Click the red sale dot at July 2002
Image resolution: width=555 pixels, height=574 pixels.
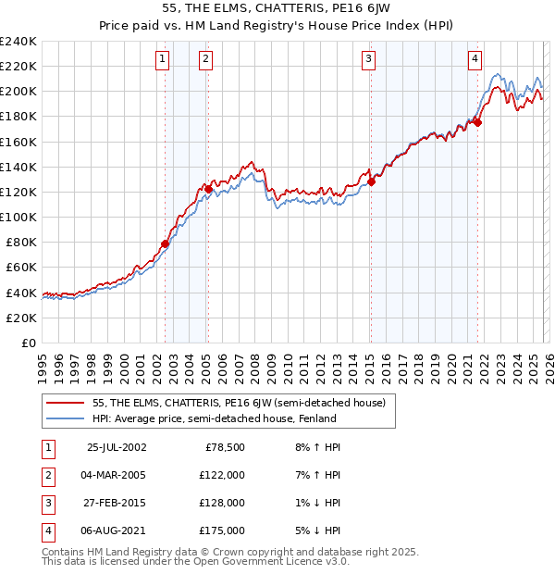pyautogui.click(x=166, y=244)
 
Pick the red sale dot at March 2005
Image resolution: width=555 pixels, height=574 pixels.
pyautogui.click(x=208, y=190)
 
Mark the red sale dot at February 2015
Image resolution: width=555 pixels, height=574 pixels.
pyautogui.click(x=371, y=182)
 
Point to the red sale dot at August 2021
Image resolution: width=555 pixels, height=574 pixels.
pyautogui.click(x=479, y=122)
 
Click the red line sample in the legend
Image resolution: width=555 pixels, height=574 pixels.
pyautogui.click(x=67, y=403)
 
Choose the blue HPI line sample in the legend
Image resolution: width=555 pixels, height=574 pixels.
pyautogui.click(x=67, y=418)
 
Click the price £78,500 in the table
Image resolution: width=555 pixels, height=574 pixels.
pyautogui.click(x=224, y=446)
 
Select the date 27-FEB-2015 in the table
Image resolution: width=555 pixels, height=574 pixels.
pyautogui.click(x=116, y=504)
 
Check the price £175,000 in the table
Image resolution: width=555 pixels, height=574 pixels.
pyautogui.click(x=222, y=531)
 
